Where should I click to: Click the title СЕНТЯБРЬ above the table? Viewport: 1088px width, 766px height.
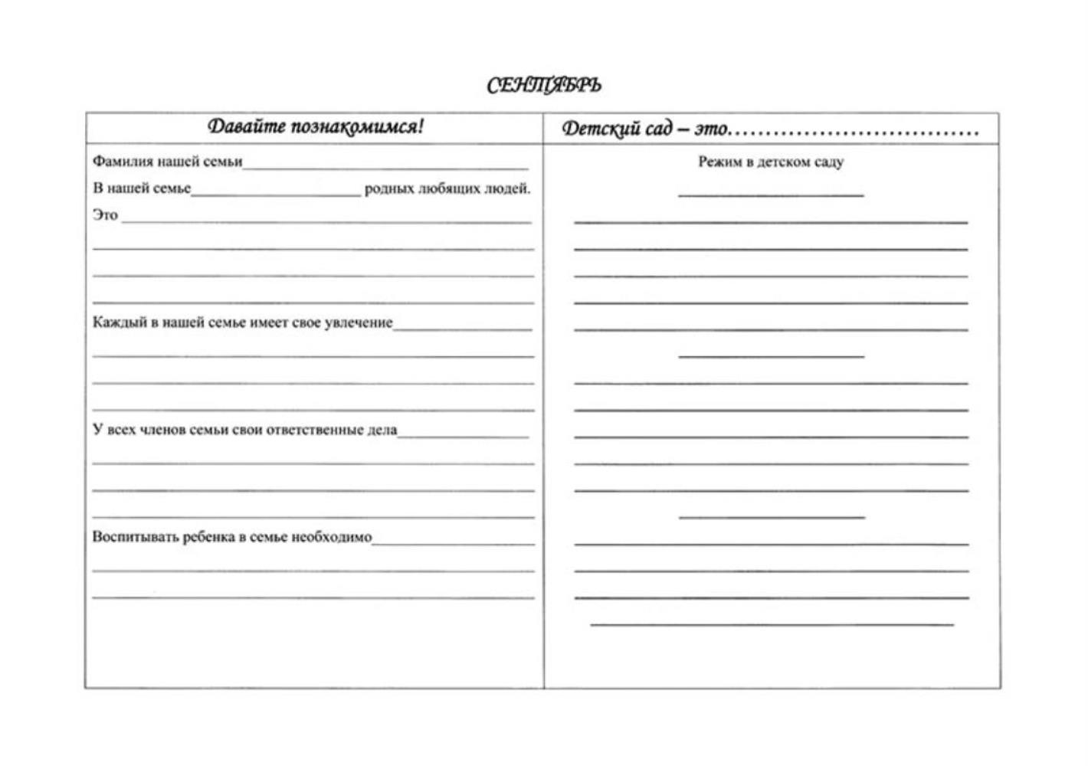click(544, 85)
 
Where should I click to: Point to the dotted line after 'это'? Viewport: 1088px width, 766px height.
click(854, 133)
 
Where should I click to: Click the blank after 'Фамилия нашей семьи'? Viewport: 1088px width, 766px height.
click(385, 167)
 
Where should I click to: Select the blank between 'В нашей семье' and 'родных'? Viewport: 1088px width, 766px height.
click(276, 195)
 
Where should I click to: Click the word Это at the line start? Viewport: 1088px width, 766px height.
click(106, 215)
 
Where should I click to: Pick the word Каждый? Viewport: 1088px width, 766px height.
click(116, 322)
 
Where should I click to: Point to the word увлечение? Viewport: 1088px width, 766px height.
click(359, 323)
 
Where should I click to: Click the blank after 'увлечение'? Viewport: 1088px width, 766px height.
click(462, 329)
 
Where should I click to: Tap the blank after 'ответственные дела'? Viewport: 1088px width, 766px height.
click(463, 436)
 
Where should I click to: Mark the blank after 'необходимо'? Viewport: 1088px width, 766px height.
click(453, 543)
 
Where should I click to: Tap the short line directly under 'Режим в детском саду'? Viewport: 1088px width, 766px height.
click(771, 195)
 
